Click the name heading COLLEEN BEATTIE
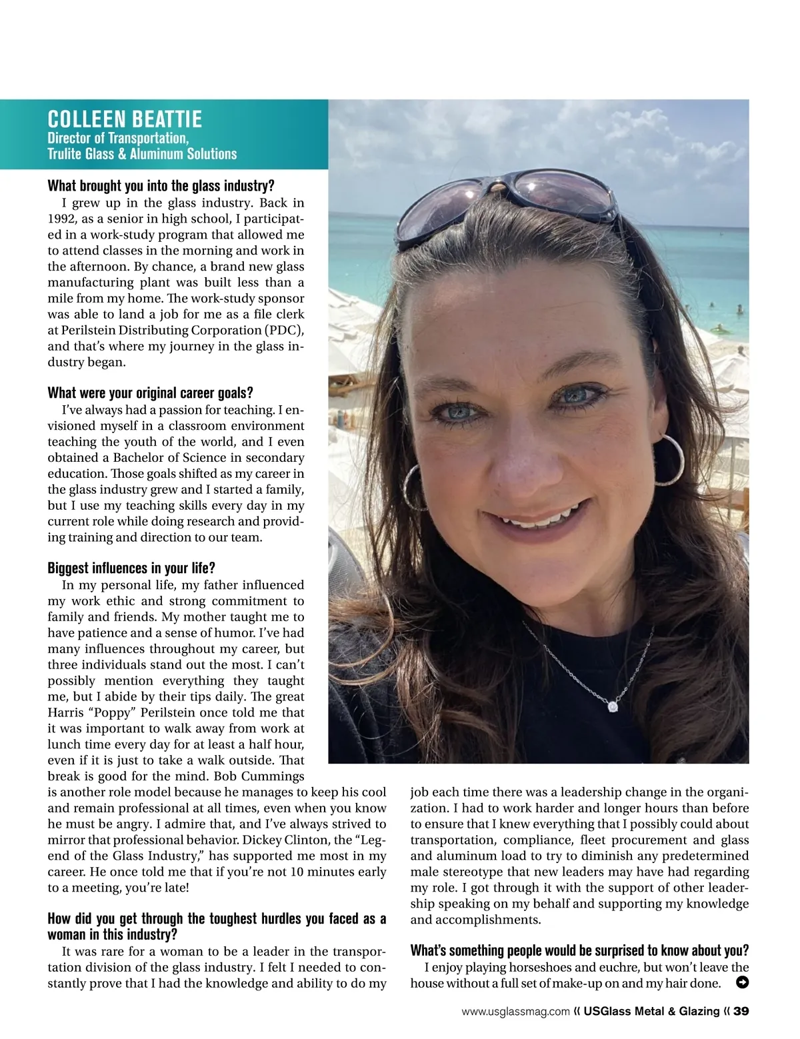pyautogui.click(x=125, y=120)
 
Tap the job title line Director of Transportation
pyautogui.click(x=119, y=139)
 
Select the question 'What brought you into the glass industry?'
pyautogui.click(x=161, y=185)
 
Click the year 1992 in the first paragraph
pyautogui.click(x=61, y=218)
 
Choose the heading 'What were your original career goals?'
pyautogui.click(x=150, y=393)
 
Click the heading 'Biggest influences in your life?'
pyautogui.click(x=131, y=568)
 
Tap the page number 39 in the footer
pyautogui.click(x=741, y=1012)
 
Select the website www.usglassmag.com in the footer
pyautogui.click(x=515, y=1012)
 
